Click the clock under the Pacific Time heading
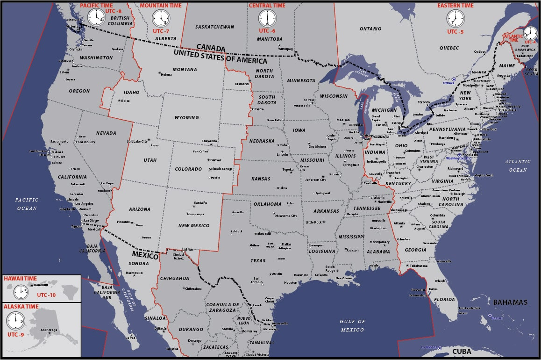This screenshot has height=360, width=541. [97, 18]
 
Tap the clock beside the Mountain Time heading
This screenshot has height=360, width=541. [161, 19]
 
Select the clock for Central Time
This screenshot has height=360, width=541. [268, 19]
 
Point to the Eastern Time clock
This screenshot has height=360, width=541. [456, 19]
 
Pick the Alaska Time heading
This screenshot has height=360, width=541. [21, 306]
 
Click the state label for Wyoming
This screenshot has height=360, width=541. [186, 118]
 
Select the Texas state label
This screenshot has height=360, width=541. [258, 260]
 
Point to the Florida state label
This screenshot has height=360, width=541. [444, 300]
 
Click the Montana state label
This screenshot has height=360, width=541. [185, 70]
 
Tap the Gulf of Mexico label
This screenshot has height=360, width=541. [352, 325]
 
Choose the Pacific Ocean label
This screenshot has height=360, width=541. [27, 204]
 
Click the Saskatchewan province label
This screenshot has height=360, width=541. [214, 27]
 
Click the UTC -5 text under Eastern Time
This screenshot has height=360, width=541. [455, 32]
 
